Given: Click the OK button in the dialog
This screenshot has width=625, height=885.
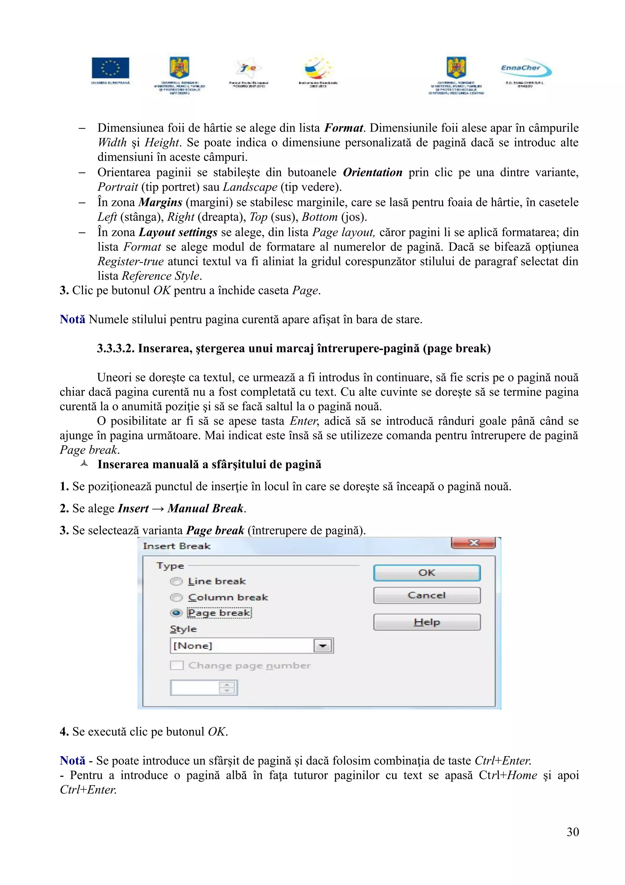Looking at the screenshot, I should (x=427, y=573).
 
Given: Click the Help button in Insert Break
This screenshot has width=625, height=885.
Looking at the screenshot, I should (x=427, y=622).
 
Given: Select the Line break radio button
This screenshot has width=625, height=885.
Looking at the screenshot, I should (x=176, y=581).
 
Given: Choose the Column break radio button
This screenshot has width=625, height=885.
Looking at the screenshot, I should (x=176, y=597).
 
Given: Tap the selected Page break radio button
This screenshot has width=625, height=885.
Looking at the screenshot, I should (x=176, y=613).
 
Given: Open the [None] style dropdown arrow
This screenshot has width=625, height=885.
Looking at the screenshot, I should (x=323, y=646).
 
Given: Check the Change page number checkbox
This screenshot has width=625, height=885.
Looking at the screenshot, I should (x=177, y=665).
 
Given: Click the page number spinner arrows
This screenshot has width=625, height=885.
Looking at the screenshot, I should (x=227, y=688).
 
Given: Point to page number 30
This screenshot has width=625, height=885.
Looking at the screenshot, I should (x=573, y=832).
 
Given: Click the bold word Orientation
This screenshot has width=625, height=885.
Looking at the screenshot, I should (x=372, y=172).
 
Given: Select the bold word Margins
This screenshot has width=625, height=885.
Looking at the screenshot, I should (x=160, y=202).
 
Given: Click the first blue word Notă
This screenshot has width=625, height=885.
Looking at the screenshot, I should (x=72, y=319).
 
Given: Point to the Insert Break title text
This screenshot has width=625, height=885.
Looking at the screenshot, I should (x=177, y=546).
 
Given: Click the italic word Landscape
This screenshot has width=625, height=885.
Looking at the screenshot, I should (x=250, y=187).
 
